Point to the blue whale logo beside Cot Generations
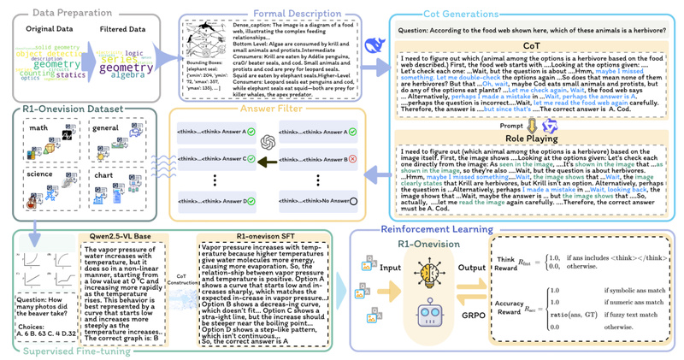click(x=374, y=44)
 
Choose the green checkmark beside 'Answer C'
click(x=251, y=159)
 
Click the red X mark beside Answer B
click(x=353, y=159)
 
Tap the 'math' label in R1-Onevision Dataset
click(x=39, y=129)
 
